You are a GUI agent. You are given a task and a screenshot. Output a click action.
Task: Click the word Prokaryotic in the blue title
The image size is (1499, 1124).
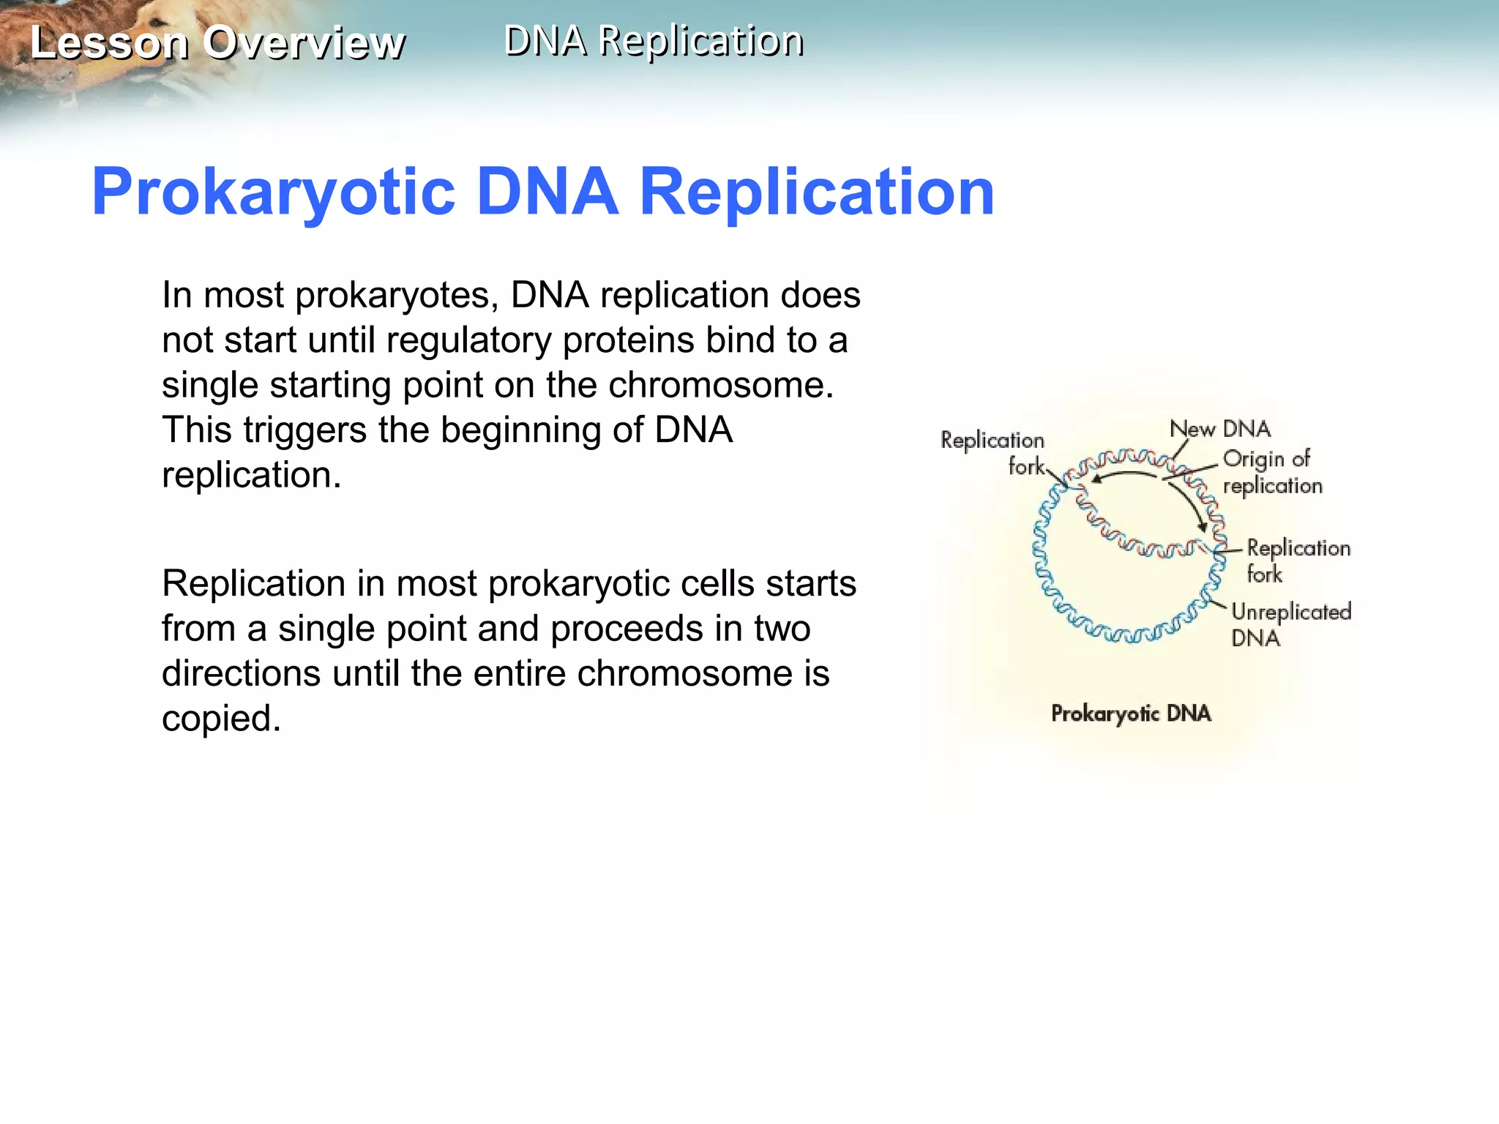click(x=274, y=192)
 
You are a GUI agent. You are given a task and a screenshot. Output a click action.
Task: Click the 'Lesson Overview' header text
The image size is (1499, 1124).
click(x=217, y=42)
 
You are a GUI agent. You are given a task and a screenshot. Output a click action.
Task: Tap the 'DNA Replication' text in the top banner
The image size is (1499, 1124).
click(x=654, y=40)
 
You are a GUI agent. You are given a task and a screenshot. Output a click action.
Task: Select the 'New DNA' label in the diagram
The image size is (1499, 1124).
click(x=1220, y=429)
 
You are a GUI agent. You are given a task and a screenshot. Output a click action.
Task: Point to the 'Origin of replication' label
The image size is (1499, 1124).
click(x=1272, y=472)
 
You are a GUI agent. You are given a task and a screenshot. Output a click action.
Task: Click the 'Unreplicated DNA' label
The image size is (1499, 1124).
click(x=1290, y=623)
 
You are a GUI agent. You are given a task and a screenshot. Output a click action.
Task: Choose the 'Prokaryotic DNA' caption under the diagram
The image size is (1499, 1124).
click(x=1131, y=713)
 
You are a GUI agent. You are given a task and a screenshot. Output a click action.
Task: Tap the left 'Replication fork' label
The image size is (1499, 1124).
click(x=993, y=452)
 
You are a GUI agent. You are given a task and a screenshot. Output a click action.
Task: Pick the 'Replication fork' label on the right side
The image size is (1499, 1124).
click(x=1298, y=561)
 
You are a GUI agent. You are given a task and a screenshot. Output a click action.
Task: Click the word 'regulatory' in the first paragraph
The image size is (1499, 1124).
click(x=468, y=340)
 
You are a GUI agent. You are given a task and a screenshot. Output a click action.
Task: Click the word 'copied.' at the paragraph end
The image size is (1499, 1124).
click(x=221, y=718)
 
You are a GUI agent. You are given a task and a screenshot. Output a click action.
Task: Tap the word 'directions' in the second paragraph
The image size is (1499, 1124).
click(x=241, y=673)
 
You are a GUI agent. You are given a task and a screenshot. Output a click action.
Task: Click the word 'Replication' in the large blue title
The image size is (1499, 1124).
click(x=817, y=192)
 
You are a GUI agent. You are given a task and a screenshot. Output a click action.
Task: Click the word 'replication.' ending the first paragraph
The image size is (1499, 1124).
click(x=251, y=475)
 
